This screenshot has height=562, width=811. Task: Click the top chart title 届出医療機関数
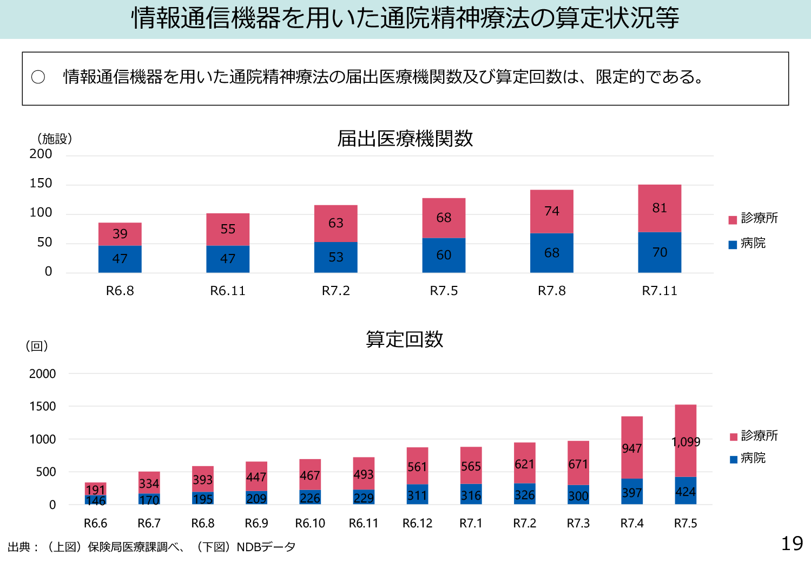tap(405, 139)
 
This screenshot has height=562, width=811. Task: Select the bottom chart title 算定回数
tap(405, 339)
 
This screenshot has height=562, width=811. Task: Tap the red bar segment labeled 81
tap(660, 208)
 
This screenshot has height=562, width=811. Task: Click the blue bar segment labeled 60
tap(444, 255)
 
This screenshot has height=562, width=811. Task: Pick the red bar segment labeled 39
tap(120, 234)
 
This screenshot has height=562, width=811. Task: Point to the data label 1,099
tap(685, 442)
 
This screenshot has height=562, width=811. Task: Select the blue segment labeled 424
tap(685, 492)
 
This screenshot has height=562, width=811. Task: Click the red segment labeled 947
tap(632, 448)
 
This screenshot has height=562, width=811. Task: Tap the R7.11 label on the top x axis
tap(660, 291)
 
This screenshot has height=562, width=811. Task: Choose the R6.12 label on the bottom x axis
tap(417, 524)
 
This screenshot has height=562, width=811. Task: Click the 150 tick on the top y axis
tap(41, 184)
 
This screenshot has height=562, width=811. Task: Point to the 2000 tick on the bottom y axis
tap(43, 374)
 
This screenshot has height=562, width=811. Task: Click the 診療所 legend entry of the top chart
tap(754, 218)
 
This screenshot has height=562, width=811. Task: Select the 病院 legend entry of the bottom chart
tap(748, 459)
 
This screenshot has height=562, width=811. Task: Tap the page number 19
tap(792, 544)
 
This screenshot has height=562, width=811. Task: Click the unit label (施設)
tap(55, 139)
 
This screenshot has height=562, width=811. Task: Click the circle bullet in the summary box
tap(38, 77)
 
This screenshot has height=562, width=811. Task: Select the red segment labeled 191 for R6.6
tap(95, 489)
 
